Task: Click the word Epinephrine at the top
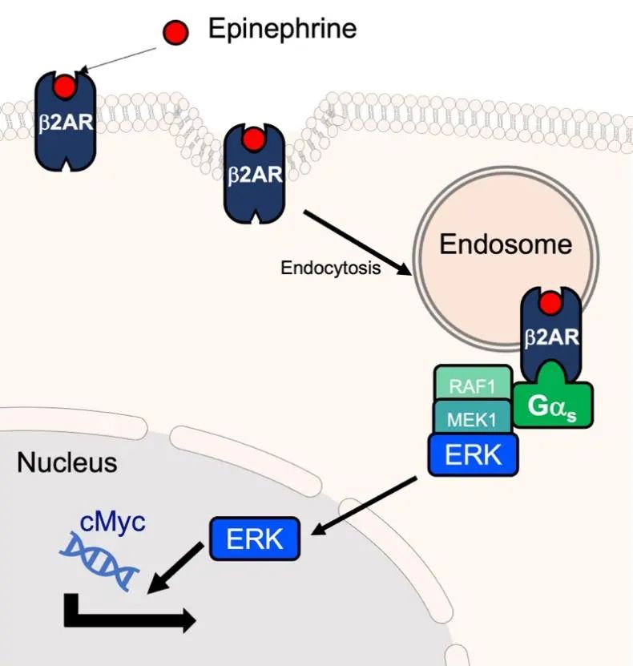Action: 282,30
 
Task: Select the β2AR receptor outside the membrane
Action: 65,120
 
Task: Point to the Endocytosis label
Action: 330,268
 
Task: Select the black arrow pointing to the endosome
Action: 357,242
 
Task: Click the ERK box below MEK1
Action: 473,454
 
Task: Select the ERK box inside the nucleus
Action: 255,539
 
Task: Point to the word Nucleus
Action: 67,462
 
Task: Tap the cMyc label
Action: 112,521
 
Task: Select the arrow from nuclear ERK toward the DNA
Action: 174,569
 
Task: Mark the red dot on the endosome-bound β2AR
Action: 550,304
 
